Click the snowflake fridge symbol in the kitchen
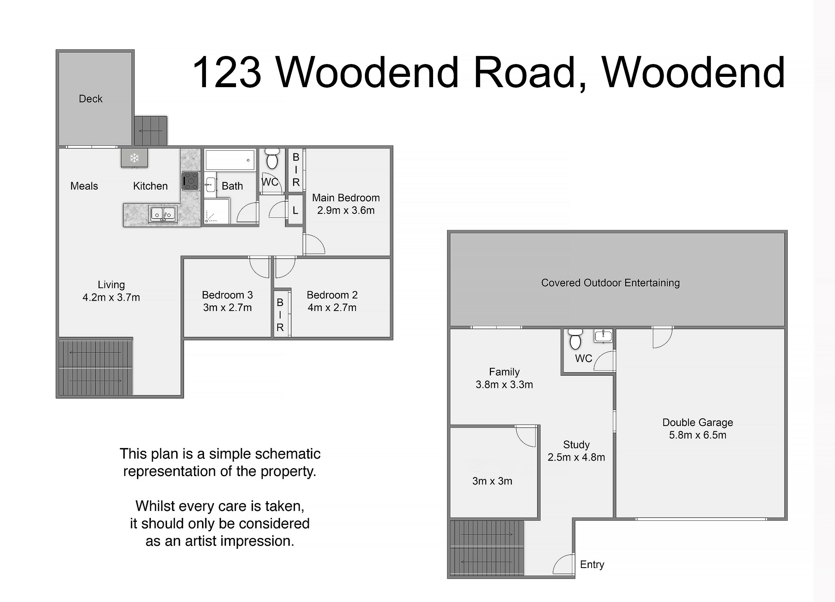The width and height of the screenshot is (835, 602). (x=134, y=158)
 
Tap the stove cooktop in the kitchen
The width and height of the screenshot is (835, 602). (x=191, y=181)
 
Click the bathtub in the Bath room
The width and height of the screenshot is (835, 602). (x=230, y=160)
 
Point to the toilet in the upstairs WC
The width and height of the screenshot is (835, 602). (x=272, y=158)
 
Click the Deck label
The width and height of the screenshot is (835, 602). (x=90, y=99)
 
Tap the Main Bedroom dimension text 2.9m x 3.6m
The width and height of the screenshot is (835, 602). (x=346, y=211)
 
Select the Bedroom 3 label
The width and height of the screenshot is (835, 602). (x=227, y=295)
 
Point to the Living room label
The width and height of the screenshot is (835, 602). (x=111, y=285)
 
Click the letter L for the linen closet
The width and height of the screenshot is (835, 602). (x=295, y=211)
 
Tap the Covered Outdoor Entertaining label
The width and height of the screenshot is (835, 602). (x=610, y=283)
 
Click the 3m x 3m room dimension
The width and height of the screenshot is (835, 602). (x=492, y=481)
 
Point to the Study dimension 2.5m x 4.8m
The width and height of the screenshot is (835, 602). (x=576, y=457)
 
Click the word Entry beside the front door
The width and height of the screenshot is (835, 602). (x=592, y=564)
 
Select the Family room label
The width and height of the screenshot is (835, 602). (x=504, y=372)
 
